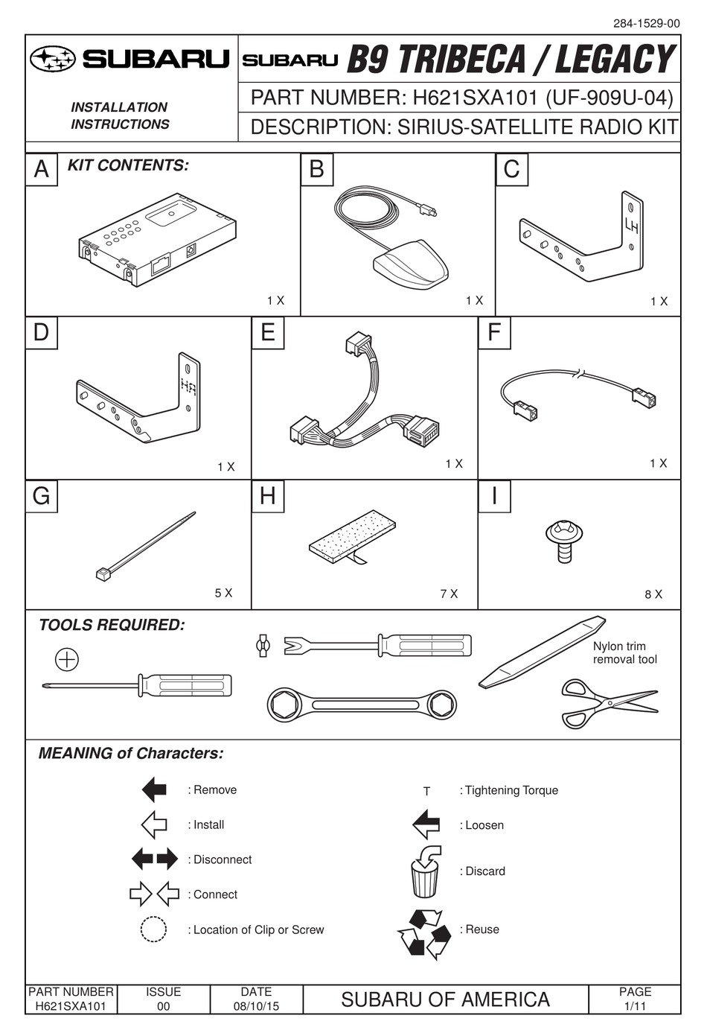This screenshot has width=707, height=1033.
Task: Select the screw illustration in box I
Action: click(564, 539)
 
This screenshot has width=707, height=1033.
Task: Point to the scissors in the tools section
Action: click(607, 702)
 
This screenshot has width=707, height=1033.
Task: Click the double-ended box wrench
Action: click(362, 704)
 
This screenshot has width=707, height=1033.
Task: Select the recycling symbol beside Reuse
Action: click(425, 933)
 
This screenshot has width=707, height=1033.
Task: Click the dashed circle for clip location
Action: click(153, 929)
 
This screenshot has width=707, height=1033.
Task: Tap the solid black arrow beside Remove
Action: click(154, 789)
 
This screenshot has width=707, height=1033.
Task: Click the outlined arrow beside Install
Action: click(154, 824)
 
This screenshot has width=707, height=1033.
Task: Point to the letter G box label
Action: click(42, 496)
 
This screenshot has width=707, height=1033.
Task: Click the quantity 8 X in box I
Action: click(653, 594)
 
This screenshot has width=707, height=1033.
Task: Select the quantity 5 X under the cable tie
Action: click(223, 593)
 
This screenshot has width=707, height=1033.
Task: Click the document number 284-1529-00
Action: click(646, 23)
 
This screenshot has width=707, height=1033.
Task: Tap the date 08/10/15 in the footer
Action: click(256, 1006)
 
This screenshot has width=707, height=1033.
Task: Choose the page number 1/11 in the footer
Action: click(635, 1006)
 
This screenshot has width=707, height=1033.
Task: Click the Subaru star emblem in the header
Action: click(54, 59)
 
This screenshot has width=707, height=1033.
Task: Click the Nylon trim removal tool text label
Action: click(624, 652)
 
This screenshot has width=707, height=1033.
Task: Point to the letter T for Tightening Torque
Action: click(426, 791)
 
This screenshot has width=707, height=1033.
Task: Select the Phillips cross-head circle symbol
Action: click(67, 659)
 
